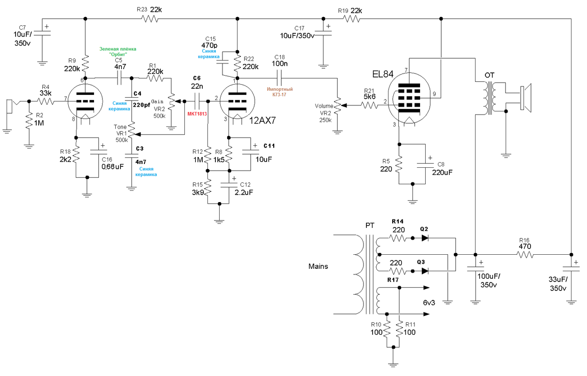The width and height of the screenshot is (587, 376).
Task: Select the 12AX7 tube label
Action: tap(262, 120)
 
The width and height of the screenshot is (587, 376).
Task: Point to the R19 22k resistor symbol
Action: tap(351, 19)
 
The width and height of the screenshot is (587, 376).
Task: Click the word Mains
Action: tap(318, 266)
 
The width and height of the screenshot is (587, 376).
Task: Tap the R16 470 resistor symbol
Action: tap(525, 255)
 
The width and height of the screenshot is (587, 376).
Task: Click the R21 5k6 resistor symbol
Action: tap(370, 106)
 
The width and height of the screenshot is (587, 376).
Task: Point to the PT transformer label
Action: tap(370, 226)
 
